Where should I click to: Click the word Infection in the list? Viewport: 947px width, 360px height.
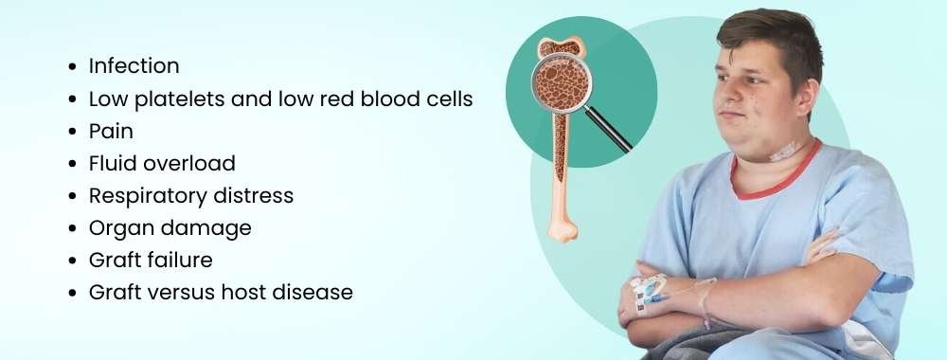click(x=134, y=66)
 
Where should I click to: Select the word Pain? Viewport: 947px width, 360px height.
click(x=111, y=131)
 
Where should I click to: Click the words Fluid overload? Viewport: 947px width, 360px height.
click(x=162, y=163)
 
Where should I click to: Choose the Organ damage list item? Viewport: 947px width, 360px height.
click(x=170, y=227)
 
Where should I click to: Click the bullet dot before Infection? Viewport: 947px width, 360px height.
click(x=73, y=67)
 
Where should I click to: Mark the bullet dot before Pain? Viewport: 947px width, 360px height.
click(x=73, y=132)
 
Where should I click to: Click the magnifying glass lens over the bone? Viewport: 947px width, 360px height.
click(x=563, y=85)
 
